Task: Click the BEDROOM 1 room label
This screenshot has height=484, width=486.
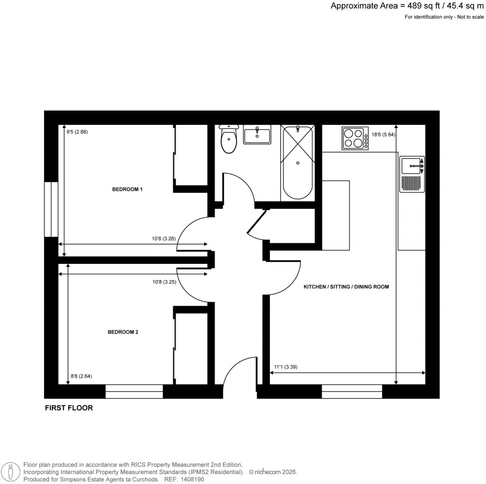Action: click(x=127, y=189)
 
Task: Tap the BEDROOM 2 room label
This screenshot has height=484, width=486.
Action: click(x=123, y=332)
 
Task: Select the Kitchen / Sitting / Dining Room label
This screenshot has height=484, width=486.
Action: click(x=346, y=287)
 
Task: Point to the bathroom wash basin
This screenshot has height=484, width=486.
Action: click(x=256, y=135)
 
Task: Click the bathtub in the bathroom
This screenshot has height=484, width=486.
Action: click(x=298, y=162)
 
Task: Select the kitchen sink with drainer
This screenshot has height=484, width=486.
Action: click(x=411, y=175)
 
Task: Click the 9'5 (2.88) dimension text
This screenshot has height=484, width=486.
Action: click(x=77, y=132)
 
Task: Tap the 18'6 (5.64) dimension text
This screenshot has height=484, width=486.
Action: click(x=383, y=135)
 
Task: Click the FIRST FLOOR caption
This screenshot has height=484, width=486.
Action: click(x=68, y=408)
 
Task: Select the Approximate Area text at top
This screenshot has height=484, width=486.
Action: click(x=407, y=6)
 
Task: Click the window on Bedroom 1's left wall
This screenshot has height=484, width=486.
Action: click(x=51, y=209)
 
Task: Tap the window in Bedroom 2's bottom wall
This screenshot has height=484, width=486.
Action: click(x=134, y=391)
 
